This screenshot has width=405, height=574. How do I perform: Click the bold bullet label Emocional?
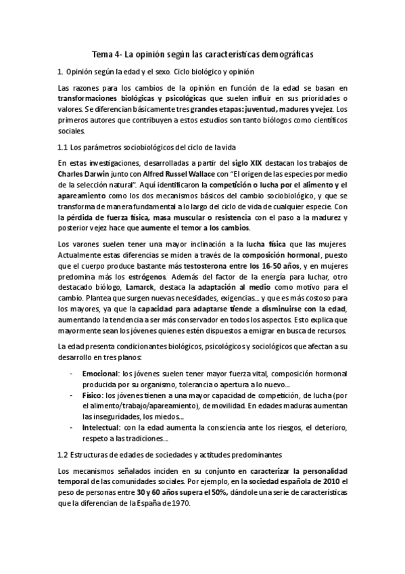99,374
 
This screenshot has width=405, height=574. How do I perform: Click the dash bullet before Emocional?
72,374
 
